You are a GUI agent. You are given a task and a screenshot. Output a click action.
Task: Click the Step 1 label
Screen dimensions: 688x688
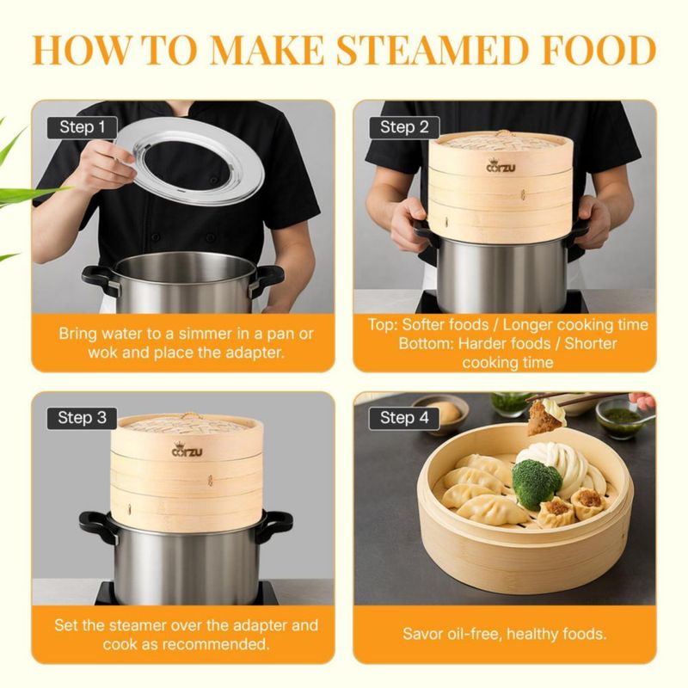click(82, 127)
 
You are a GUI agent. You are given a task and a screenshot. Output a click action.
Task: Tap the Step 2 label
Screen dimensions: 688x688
click(403, 127)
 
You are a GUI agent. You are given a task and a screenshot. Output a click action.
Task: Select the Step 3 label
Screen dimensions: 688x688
click(82, 418)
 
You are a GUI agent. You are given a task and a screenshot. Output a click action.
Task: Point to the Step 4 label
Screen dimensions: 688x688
click(403, 418)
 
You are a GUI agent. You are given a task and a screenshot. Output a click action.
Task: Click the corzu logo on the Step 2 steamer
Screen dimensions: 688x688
click(501, 166)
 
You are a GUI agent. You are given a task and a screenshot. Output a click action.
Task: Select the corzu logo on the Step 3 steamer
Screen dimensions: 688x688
click(187, 450)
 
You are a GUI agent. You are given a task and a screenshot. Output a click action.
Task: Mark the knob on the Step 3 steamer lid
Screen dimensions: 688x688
click(189, 415)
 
